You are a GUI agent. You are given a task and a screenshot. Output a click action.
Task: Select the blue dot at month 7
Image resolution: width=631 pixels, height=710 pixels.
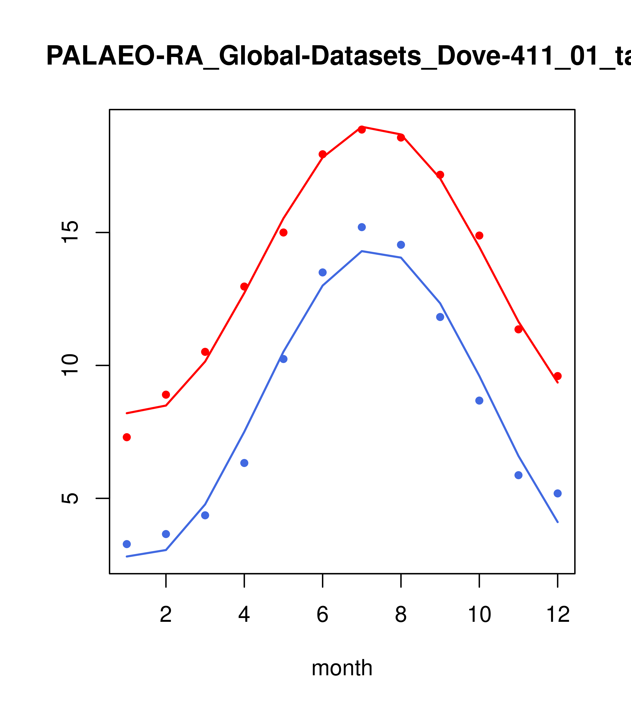[362, 227]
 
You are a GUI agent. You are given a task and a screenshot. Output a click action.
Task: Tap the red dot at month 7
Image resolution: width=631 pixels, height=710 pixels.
[362, 130]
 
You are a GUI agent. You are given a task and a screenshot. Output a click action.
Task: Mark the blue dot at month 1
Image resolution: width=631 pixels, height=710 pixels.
[127, 544]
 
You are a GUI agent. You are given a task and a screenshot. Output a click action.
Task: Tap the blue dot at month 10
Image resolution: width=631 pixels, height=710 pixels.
[479, 400]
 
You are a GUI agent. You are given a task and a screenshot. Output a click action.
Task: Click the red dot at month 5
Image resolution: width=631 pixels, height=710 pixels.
[283, 232]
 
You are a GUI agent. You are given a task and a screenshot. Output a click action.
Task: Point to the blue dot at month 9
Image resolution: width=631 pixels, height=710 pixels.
[440, 317]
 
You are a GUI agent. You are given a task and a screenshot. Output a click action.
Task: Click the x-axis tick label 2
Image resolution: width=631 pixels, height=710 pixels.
[166, 615]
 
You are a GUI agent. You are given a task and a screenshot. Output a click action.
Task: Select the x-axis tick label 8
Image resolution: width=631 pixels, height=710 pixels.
[401, 615]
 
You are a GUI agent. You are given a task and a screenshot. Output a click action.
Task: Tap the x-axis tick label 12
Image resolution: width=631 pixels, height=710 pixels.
[558, 615]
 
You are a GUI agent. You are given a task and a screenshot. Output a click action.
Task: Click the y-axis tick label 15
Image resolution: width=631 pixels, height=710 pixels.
[69, 232]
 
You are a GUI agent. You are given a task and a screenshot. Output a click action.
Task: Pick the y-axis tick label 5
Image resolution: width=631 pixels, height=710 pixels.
[69, 498]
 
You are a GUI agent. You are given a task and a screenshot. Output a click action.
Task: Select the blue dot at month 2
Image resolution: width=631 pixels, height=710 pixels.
[166, 534]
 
